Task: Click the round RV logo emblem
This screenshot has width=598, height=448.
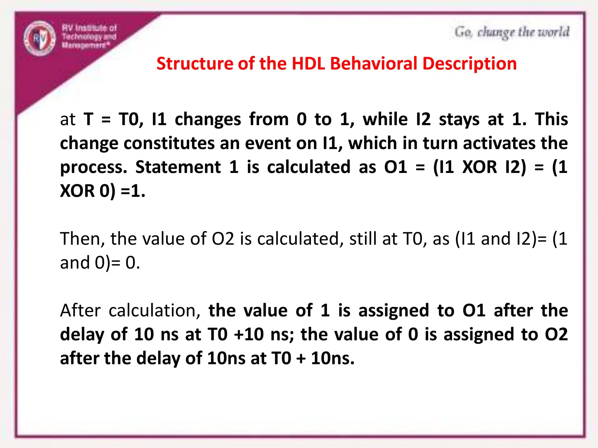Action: pos(40,38)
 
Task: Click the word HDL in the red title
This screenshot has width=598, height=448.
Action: pos(308,64)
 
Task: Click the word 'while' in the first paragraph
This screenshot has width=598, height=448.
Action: pos(385,119)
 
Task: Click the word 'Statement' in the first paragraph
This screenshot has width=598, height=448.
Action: pos(178,167)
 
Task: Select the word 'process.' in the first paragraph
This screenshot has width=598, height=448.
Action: pos(94,168)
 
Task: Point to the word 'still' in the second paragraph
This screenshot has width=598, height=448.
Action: pos(363,239)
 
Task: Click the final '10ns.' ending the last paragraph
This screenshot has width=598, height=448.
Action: pos(333,358)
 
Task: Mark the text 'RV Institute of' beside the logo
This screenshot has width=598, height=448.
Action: pos(89,28)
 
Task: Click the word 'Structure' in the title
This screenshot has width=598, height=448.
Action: pos(195,64)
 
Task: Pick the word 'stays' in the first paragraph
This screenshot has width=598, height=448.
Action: pos(459,119)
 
